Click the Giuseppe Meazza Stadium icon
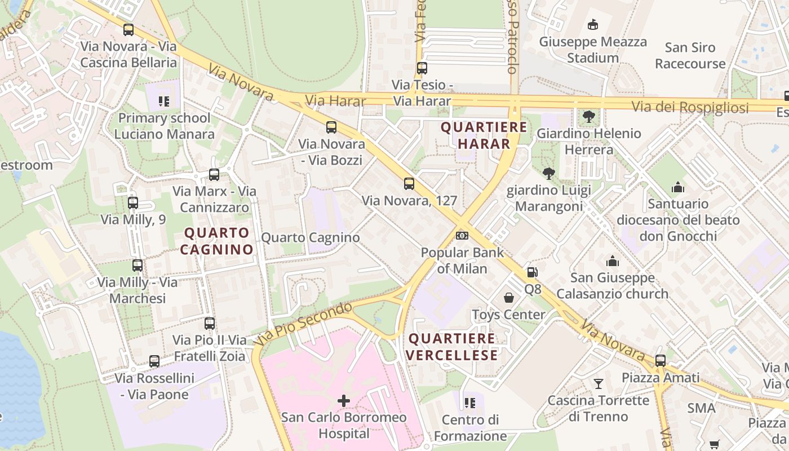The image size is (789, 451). pos(592,25)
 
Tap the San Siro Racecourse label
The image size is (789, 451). pos(690,55)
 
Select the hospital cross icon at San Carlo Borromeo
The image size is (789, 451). pos(343,401)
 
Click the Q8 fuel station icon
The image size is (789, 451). pos(532,272)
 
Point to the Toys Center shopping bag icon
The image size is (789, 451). pos(509,298)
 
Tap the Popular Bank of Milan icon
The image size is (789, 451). pos(462,235)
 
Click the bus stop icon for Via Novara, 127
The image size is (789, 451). pos(409,184)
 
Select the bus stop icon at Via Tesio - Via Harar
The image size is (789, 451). pos(422,68)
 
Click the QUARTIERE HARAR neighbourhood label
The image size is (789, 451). pos(484,135)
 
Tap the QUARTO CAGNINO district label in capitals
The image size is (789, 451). pos(217,241)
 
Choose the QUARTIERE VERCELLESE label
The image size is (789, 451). pos(452,347)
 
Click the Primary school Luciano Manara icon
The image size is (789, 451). pos(164,101)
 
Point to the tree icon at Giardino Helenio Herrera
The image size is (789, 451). pos(589,117)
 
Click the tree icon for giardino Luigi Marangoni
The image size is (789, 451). pos(548,173)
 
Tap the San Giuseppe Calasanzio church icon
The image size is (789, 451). pos(613,261)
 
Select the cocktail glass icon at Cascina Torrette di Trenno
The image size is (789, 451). pos(598,384)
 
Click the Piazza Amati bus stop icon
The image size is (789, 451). pos(661,360)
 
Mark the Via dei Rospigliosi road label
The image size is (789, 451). pos(690,107)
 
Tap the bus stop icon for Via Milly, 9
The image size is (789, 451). pos(133,203)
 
